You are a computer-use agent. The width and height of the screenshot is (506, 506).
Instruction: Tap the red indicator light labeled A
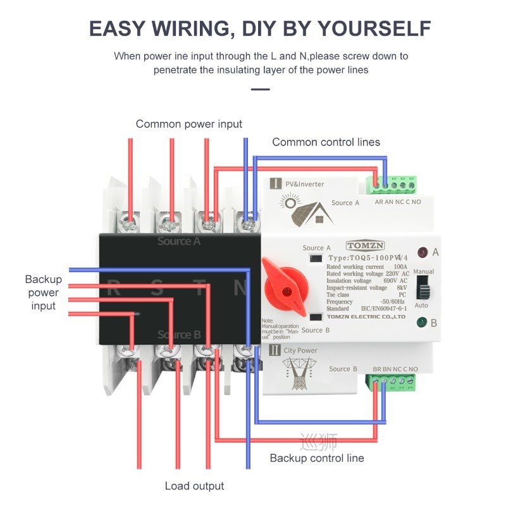coord(421,252)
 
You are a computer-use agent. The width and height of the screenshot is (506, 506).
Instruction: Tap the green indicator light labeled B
coord(421,323)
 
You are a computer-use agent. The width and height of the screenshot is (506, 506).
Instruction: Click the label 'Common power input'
coord(188,124)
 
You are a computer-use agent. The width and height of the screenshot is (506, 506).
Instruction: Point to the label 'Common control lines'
coord(326,142)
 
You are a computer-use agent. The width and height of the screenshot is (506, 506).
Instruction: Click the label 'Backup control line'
coord(317,457)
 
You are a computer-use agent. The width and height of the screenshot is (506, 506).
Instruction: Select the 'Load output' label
coord(194,486)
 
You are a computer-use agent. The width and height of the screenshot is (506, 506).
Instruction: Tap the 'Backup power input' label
coord(44,292)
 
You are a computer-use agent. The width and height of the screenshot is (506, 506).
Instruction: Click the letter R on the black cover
coord(114,288)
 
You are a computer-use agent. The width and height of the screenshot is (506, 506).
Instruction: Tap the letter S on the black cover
coord(157,288)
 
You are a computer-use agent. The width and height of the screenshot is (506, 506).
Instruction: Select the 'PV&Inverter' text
coord(304,184)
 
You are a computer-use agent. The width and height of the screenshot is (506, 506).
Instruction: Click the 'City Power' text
coord(301,350)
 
